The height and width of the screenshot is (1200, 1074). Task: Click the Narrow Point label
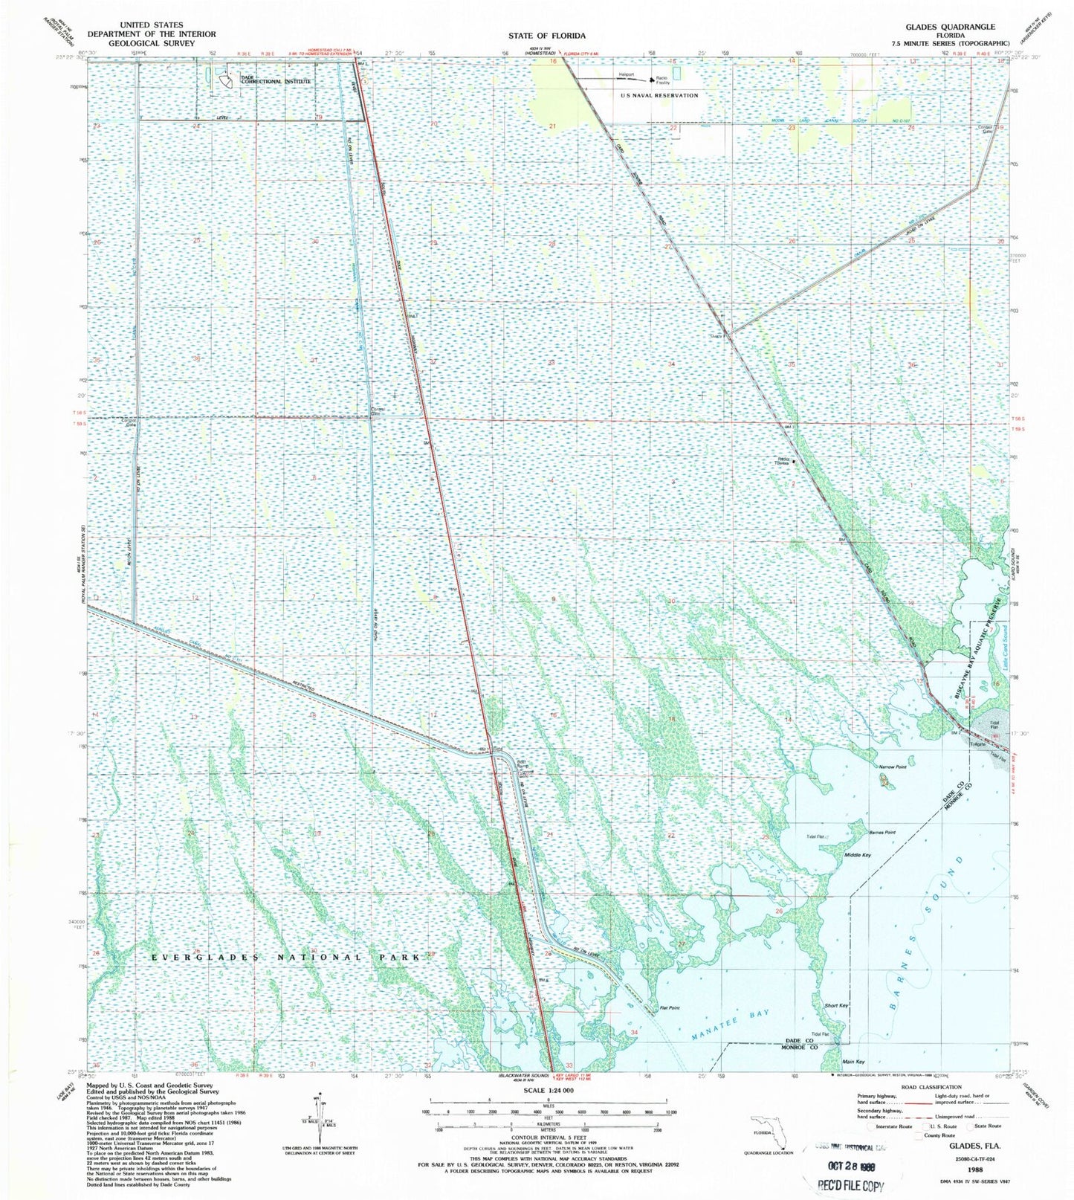click(x=892, y=767)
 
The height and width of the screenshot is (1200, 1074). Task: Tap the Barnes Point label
click(x=883, y=832)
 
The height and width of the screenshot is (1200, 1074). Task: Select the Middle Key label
click(x=857, y=855)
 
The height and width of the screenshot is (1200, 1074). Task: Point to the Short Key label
click(x=836, y=1006)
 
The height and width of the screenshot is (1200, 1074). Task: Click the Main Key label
click(x=853, y=1062)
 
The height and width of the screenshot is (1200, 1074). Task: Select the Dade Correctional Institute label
click(x=275, y=80)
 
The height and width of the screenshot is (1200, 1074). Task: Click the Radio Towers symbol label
click(x=785, y=460)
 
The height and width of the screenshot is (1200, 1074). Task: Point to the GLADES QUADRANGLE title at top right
click(x=949, y=27)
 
